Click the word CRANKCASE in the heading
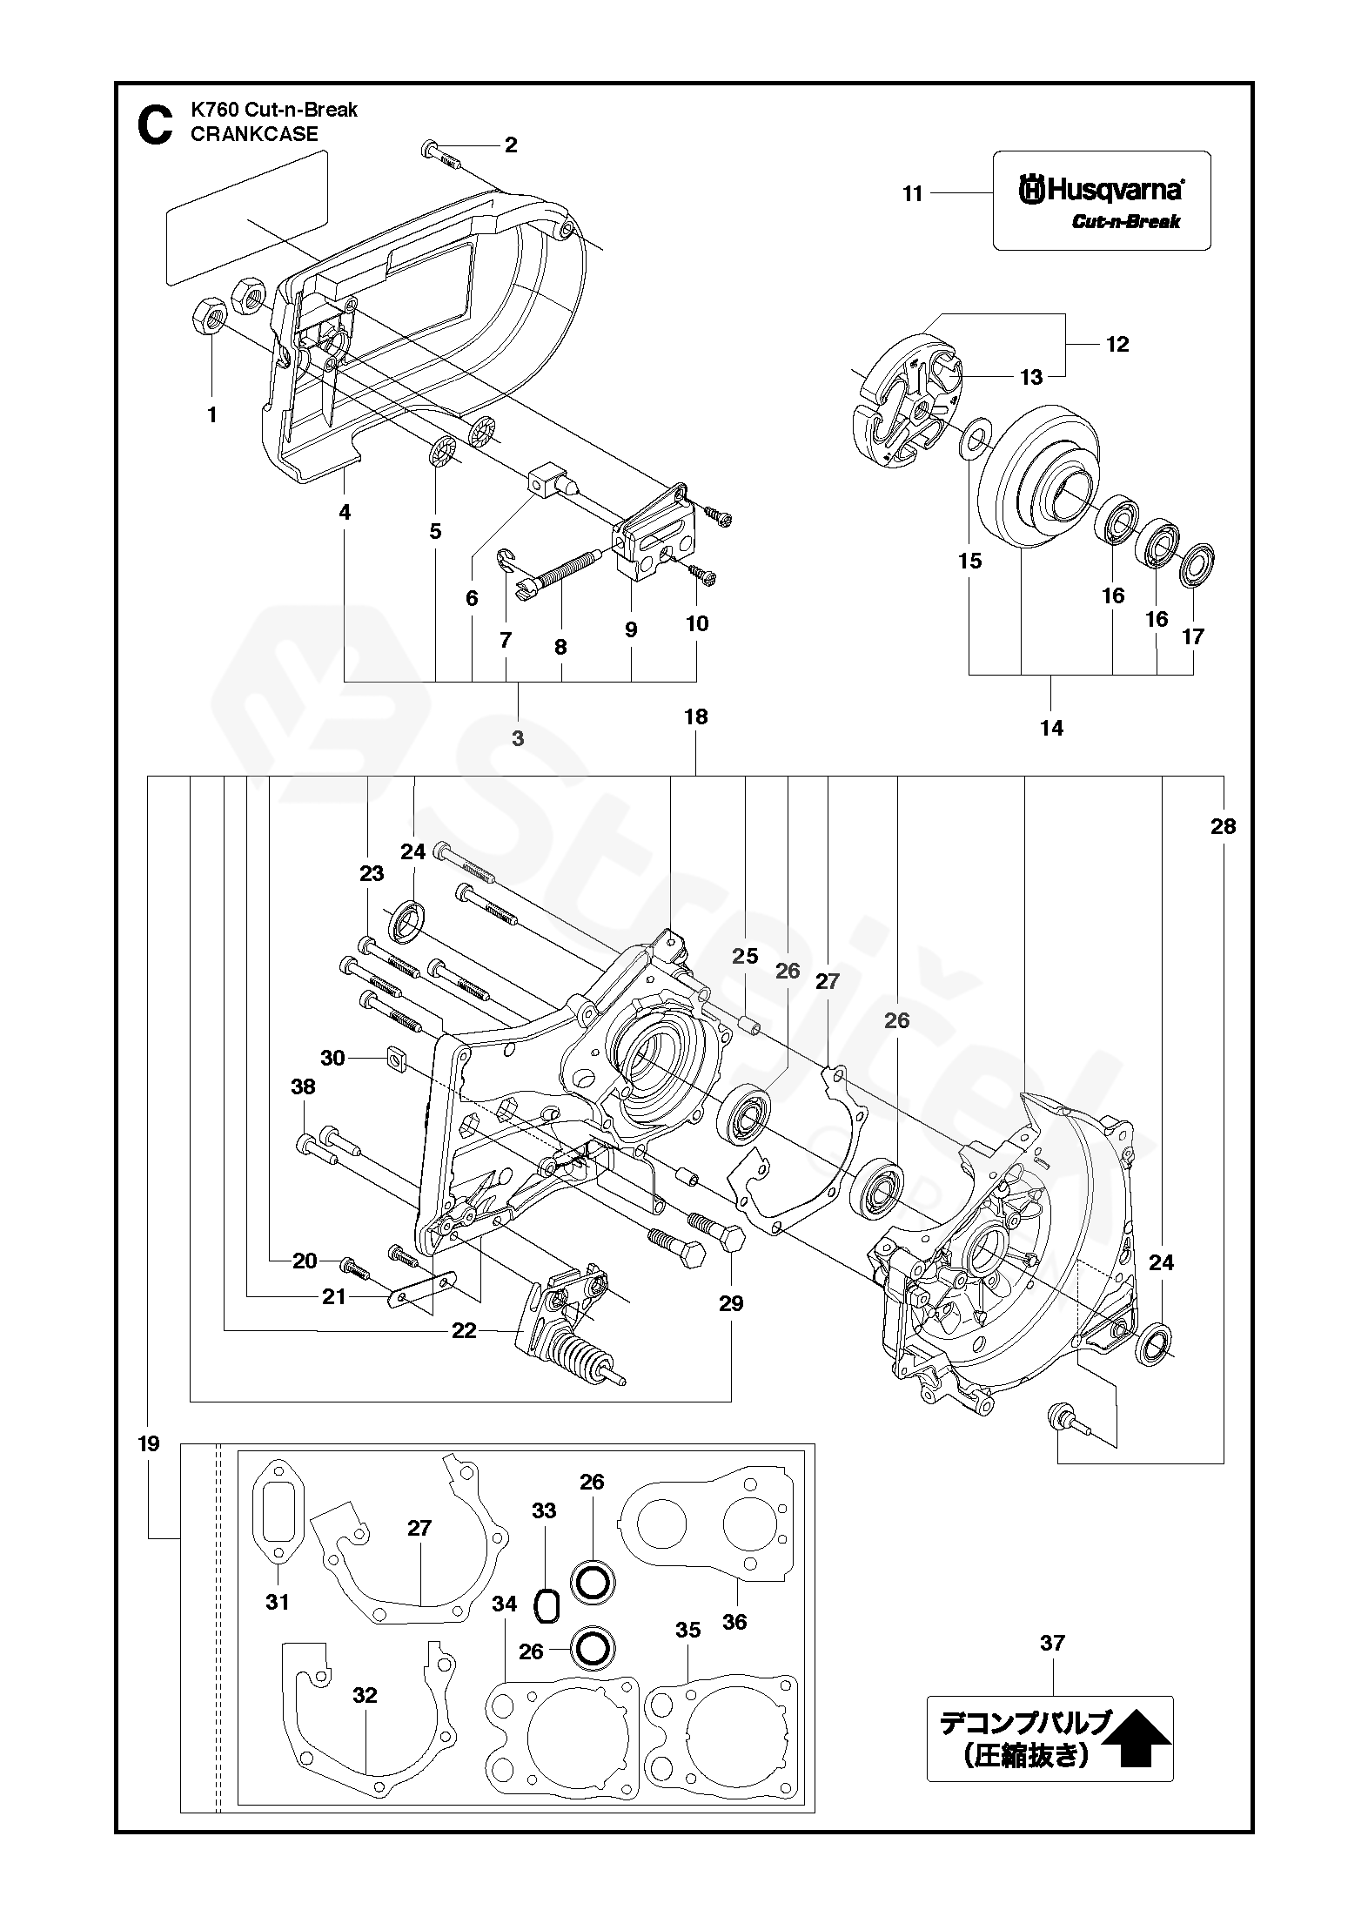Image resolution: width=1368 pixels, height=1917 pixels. click(254, 134)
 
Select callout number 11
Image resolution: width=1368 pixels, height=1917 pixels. click(912, 193)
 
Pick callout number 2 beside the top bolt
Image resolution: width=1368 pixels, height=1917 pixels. click(511, 145)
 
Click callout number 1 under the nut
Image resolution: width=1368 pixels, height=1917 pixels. click(211, 414)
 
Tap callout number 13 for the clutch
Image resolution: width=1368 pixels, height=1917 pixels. click(1030, 377)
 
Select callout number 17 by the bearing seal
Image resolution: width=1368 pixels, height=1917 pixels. click(1193, 636)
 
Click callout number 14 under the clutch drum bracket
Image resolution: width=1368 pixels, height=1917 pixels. click(1052, 728)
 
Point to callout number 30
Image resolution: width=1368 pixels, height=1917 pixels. click(332, 1058)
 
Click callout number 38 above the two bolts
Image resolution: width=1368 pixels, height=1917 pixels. click(304, 1086)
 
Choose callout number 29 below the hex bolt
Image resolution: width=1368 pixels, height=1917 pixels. click(731, 1302)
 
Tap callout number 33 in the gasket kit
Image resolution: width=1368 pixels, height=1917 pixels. click(544, 1510)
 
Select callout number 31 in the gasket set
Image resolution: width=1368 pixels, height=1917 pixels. click(277, 1602)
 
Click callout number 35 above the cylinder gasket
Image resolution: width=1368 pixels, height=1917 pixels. click(687, 1630)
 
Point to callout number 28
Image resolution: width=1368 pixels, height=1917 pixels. click(1223, 825)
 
